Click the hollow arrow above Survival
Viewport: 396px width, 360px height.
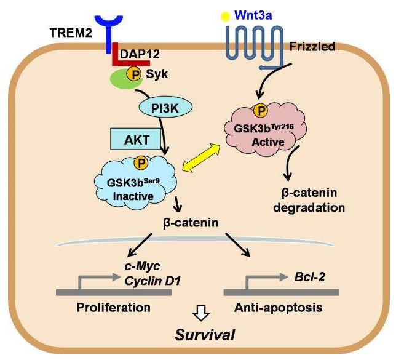pos(197,315)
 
